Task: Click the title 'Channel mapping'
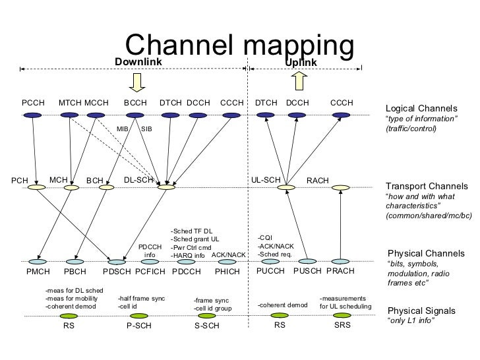click(239, 45)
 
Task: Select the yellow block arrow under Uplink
click(298, 80)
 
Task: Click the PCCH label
click(33, 103)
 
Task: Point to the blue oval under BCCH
click(135, 115)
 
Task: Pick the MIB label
click(123, 129)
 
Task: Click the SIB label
click(146, 129)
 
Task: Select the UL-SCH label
click(266, 179)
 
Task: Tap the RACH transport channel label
click(318, 180)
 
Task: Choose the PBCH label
click(75, 271)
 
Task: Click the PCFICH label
click(149, 271)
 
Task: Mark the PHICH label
click(227, 271)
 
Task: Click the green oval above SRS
click(342, 315)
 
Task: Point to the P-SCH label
click(140, 326)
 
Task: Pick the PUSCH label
click(307, 271)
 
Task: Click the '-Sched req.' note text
click(276, 254)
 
